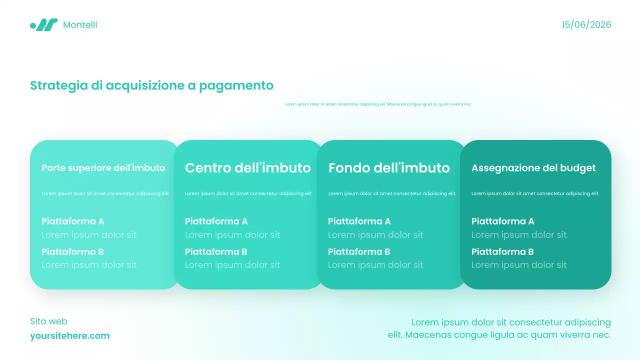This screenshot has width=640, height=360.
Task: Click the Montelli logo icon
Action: (x=44, y=25)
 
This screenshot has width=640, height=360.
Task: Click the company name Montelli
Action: (x=80, y=25)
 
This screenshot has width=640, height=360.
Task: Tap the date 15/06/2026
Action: (x=586, y=25)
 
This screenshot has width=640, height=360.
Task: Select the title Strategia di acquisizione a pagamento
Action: (x=151, y=85)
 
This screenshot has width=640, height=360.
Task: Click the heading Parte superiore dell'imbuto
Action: (x=103, y=168)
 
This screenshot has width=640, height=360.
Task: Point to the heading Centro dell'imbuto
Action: (x=247, y=168)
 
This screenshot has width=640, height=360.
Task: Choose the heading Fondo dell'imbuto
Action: (x=389, y=168)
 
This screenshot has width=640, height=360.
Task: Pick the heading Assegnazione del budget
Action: (x=533, y=168)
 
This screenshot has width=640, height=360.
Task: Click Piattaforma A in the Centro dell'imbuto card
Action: (x=216, y=221)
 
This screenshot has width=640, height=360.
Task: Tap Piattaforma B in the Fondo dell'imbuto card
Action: (x=359, y=251)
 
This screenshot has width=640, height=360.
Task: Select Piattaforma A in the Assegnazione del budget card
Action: (x=502, y=221)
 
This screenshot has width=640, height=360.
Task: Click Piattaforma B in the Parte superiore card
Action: (x=72, y=251)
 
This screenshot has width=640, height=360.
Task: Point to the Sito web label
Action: (x=48, y=321)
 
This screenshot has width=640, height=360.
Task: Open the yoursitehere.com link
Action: (x=69, y=336)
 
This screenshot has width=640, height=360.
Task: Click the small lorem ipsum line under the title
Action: (x=378, y=104)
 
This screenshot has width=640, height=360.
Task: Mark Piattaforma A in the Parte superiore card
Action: (x=72, y=221)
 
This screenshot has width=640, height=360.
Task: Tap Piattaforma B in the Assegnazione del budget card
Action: (x=502, y=251)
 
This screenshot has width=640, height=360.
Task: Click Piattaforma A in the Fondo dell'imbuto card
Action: (x=359, y=221)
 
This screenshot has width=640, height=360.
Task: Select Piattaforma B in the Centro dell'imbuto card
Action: (x=216, y=251)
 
